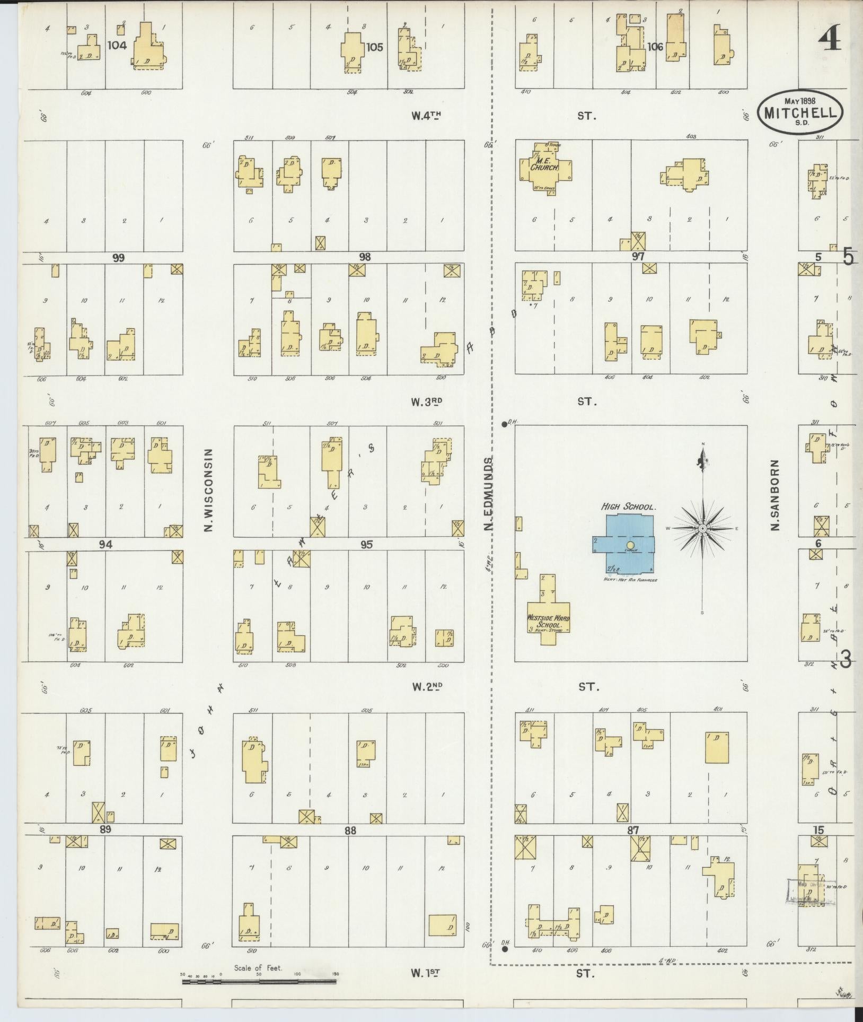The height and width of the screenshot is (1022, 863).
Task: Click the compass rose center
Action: tap(702, 528)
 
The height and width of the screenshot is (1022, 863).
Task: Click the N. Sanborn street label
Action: tap(776, 494)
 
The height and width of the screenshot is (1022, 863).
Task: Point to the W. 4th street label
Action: tap(426, 115)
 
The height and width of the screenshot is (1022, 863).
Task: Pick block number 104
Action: tap(117, 46)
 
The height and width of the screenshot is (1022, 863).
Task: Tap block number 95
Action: tap(366, 544)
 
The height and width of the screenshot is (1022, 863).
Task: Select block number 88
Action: tap(349, 830)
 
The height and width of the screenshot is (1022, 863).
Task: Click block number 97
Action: tap(637, 257)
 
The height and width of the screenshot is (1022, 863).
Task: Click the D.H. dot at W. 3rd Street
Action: tap(504, 424)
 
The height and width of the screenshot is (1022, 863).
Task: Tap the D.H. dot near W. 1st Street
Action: tap(504, 948)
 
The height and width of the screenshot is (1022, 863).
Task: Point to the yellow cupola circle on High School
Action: tap(630, 545)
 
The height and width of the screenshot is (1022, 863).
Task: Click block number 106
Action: tap(655, 47)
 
